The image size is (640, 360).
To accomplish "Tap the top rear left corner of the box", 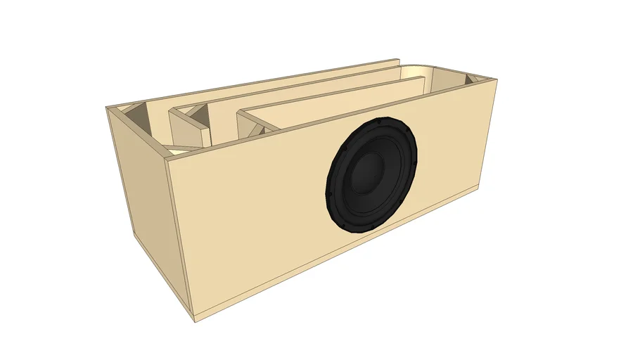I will [x=108, y=108].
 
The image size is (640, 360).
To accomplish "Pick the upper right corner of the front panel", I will [x=499, y=81].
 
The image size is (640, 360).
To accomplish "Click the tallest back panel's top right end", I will [x=398, y=60].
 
